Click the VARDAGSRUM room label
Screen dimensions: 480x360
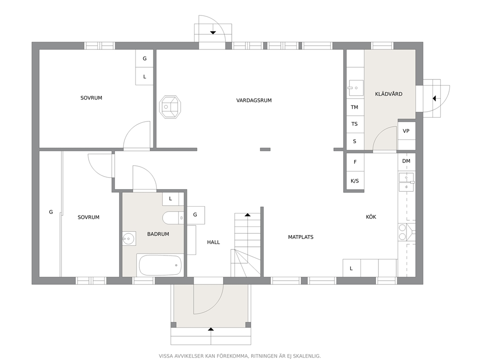254,100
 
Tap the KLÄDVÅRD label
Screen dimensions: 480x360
389,94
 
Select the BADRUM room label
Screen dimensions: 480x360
158,234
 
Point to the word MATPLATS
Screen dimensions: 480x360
300,237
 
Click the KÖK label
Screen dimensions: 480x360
371,217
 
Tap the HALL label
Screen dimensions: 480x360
213,242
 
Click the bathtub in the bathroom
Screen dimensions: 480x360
160,265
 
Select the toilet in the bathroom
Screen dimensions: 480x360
173,218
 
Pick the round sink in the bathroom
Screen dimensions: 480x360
129,239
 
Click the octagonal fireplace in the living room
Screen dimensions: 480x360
169,107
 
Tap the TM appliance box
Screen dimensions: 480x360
355,107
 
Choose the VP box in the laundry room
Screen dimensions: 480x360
406,131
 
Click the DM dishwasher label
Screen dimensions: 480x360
406,161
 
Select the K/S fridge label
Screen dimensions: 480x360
355,181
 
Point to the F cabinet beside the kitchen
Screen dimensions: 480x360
355,162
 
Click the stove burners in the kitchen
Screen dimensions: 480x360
403,232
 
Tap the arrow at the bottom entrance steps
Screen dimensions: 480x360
210,330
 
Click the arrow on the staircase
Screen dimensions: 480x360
247,215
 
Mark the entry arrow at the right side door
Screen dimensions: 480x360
434,99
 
